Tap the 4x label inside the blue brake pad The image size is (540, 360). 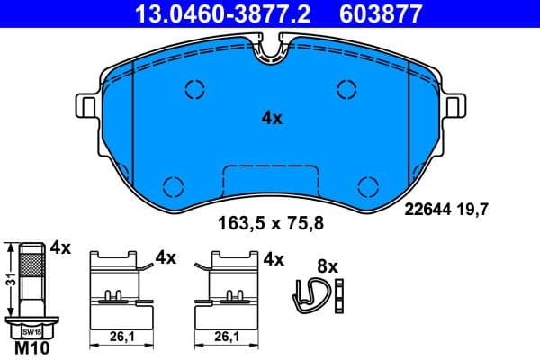tap(272, 118)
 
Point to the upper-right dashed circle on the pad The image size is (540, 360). tap(346, 88)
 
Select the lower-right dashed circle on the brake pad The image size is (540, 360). tap(367, 185)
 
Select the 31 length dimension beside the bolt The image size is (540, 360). tap(8, 280)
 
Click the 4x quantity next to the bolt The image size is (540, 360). tap(61, 247)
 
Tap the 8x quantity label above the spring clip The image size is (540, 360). tap(327, 266)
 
